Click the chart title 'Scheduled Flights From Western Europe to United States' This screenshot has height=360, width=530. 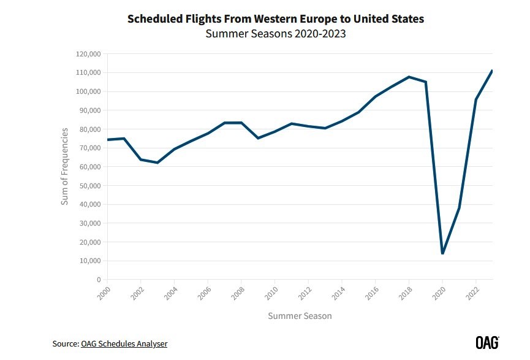coord(275,19)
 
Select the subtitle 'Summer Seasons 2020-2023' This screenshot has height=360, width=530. coord(275,34)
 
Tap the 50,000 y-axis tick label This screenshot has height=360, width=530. coord(89,186)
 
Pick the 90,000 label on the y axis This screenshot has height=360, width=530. coord(89,110)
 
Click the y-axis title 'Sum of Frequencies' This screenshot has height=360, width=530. coord(64,166)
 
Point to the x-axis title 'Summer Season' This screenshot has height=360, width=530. coord(300,316)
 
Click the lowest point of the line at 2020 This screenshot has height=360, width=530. coord(442,253)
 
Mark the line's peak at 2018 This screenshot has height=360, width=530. coord(409,77)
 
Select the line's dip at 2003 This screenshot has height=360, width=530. coord(157,163)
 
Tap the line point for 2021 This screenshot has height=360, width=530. coord(459,208)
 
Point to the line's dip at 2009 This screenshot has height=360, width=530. coord(258,138)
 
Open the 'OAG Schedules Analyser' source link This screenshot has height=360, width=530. coord(124,343)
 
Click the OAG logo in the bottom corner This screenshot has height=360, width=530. coord(487,342)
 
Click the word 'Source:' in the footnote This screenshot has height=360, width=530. coord(66,343)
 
